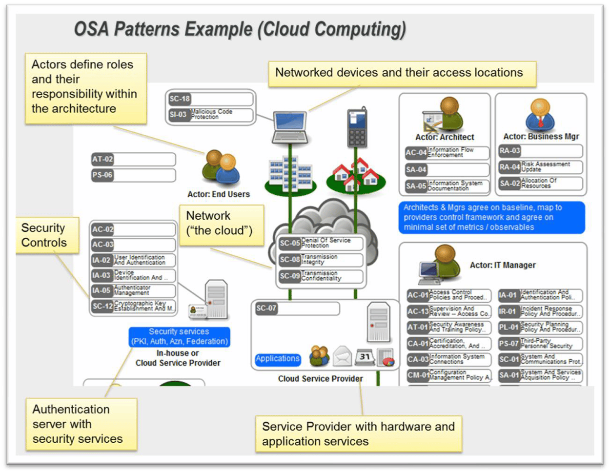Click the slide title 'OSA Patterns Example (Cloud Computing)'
pos(240,29)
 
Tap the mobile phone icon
pos(357,127)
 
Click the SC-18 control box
pos(210,99)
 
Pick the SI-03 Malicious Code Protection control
pos(210,115)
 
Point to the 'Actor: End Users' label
pos(218,194)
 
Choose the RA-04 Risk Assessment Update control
pos(540,167)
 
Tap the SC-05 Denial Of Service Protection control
pos(321,243)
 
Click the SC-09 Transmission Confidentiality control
pos(321,276)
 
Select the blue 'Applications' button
pos(278,359)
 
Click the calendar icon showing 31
pos(365,357)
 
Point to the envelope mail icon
pos(342,357)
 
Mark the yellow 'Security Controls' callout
pos(47,235)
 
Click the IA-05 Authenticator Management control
pos(133,291)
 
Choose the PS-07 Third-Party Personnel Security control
pos(540,344)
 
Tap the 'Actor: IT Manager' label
pos(503,265)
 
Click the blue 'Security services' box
pos(179,337)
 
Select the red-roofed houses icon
pos(356,175)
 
